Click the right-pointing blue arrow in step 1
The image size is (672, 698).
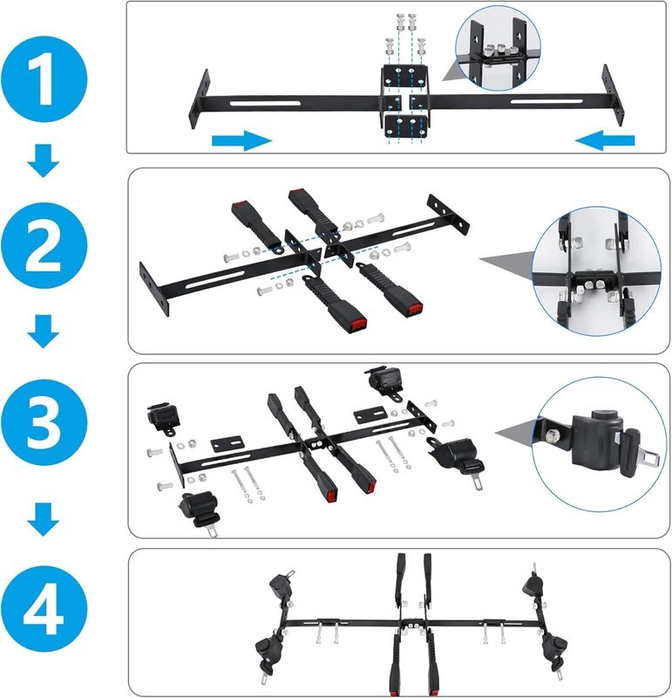click(241, 140)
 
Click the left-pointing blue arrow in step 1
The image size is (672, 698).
click(605, 140)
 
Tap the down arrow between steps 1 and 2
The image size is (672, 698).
click(44, 161)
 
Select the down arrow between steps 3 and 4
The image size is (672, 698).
click(44, 519)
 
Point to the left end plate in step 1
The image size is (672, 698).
click(200, 99)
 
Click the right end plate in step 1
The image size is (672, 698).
click(613, 95)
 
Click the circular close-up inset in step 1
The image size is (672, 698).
click(498, 49)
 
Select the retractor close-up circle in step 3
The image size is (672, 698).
click(596, 444)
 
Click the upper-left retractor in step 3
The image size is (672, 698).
click(164, 419)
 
